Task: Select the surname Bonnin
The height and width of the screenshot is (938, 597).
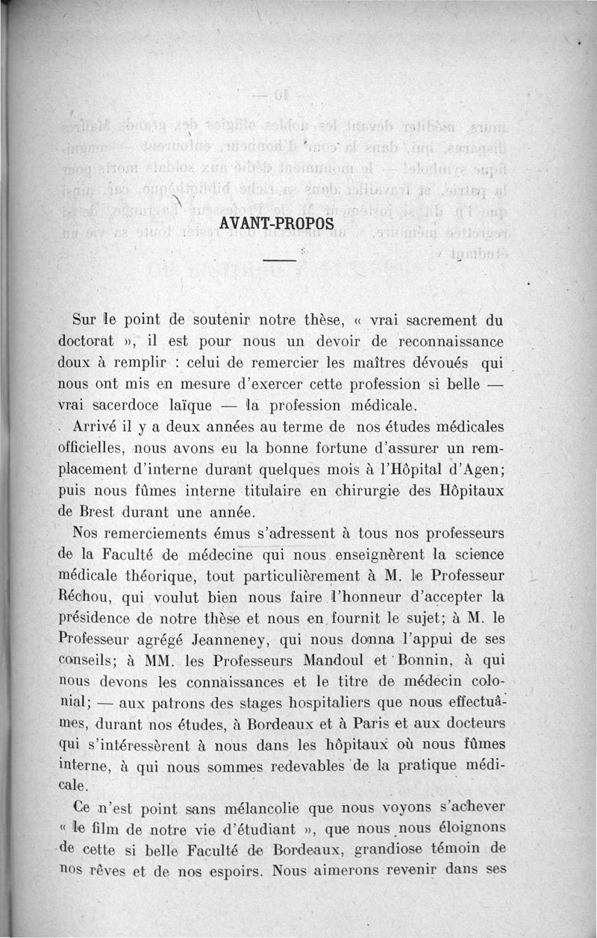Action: click(428, 661)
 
